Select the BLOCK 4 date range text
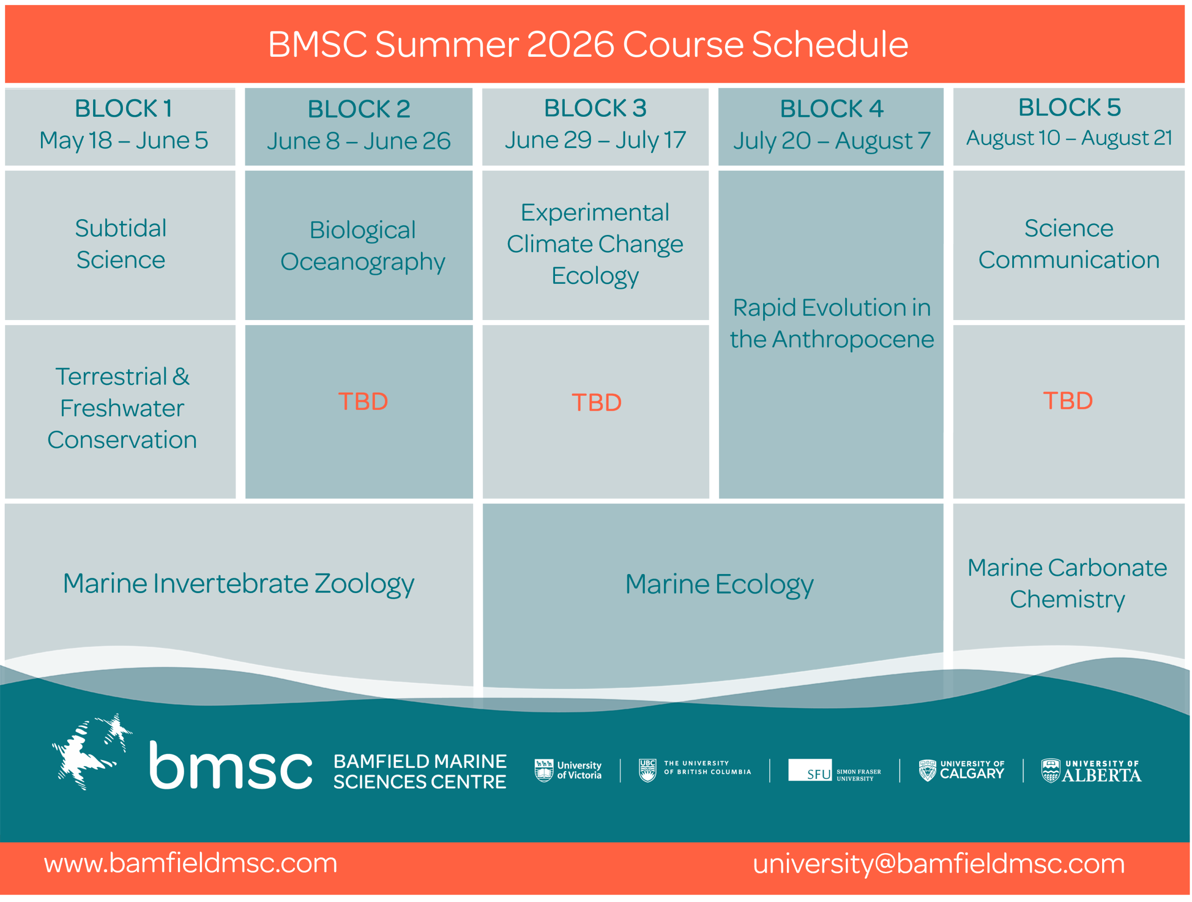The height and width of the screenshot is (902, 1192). pos(832,141)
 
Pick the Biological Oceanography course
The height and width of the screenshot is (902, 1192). pos(363,246)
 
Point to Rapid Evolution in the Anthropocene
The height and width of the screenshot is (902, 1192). pos(832,323)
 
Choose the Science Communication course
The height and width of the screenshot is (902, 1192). pos(1069,244)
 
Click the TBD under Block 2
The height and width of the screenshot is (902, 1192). pos(363,402)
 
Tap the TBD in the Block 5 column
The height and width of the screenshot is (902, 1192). pos(1068,401)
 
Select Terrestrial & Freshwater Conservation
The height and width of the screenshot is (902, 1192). pos(122,408)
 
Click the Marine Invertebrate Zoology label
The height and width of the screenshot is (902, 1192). pos(239,584)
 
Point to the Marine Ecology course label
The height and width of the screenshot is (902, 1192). pos(719,585)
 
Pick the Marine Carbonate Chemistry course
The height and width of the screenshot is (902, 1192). pos(1067,584)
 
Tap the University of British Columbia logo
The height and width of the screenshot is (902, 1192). pos(695,769)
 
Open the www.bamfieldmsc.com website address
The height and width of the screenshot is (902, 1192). pos(191,863)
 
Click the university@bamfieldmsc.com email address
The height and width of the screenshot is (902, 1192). pos(939,864)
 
